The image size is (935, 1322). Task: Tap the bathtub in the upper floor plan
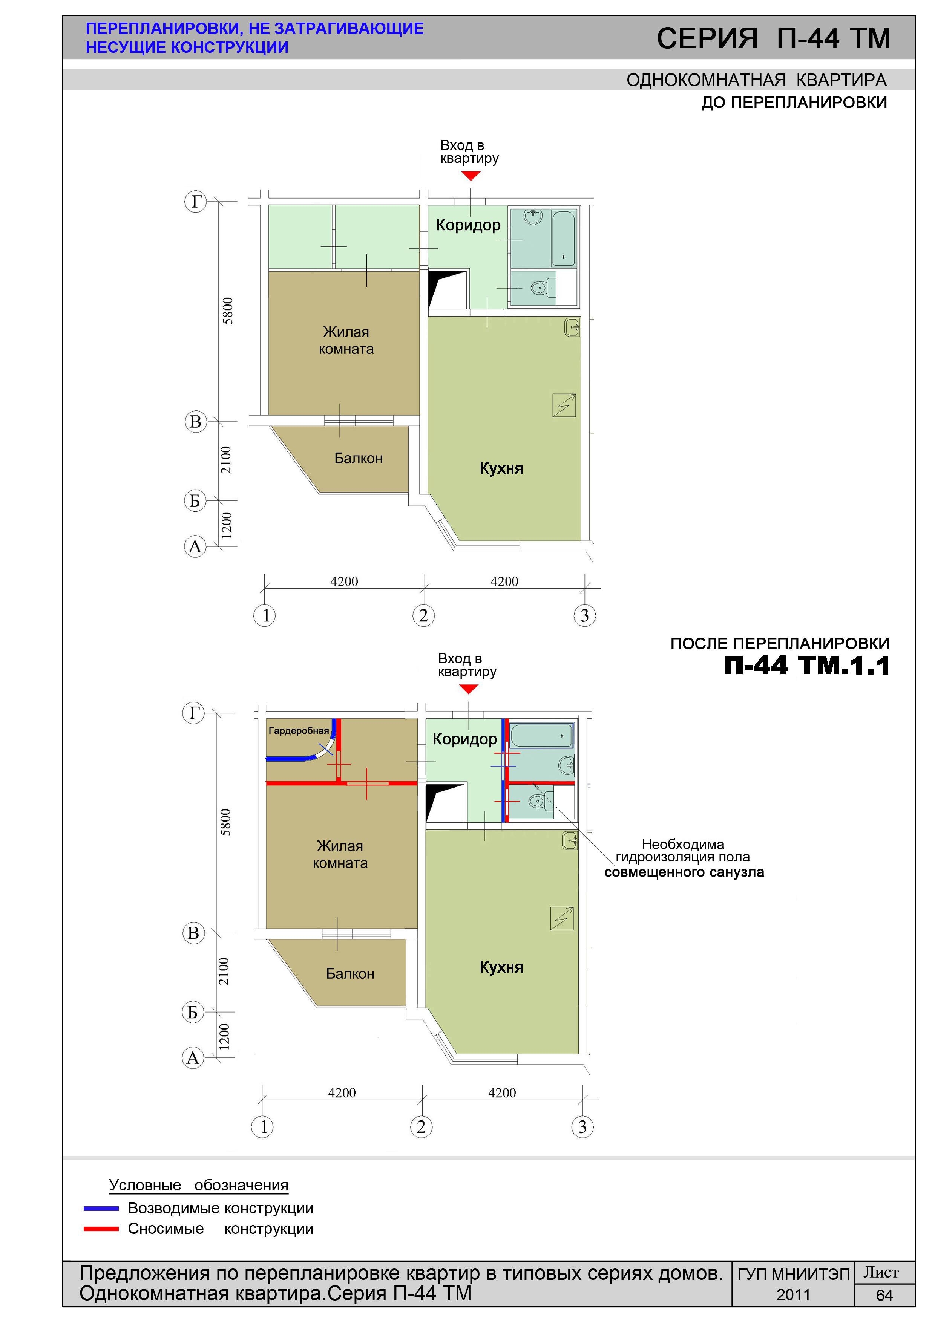pyautogui.click(x=563, y=238)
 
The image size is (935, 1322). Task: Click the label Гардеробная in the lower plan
pyautogui.click(x=299, y=731)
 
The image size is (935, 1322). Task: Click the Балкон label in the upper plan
pyautogui.click(x=358, y=458)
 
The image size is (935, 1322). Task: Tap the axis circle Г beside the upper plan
pyautogui.click(x=195, y=202)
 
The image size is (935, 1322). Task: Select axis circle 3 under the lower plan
pyautogui.click(x=582, y=1127)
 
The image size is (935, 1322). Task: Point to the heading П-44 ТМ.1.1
pyautogui.click(x=806, y=666)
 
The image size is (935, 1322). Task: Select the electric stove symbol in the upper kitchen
pyautogui.click(x=564, y=405)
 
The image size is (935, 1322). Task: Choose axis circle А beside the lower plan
pyautogui.click(x=193, y=1058)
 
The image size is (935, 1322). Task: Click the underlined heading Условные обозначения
pyautogui.click(x=199, y=1186)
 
